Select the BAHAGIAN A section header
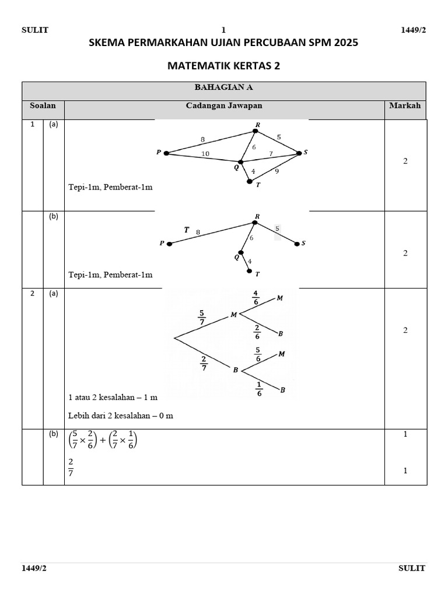[223, 87]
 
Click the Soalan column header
[43, 106]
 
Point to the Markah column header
[405, 106]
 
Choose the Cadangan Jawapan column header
[224, 106]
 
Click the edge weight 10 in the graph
[205, 154]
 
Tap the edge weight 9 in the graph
[276, 171]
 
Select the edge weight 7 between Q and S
[270, 153]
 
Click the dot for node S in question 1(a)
[299, 153]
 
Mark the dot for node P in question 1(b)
[169, 244]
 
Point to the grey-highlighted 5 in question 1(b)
[278, 229]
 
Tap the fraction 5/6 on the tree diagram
[258, 354]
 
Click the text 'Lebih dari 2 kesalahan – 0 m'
[121, 416]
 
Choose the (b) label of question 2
[53, 434]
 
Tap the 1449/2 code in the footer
[34, 568]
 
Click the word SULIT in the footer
[412, 568]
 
